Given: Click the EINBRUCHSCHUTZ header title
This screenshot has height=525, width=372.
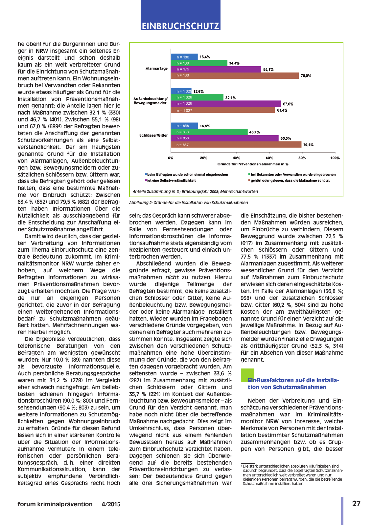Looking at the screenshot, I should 180,26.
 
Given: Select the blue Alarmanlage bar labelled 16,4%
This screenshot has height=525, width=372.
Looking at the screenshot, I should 184,57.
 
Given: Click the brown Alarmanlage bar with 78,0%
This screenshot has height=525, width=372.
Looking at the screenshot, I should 235,75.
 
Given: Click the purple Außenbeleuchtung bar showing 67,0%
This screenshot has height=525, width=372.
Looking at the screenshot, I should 226,104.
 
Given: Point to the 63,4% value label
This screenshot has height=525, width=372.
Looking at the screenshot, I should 282,111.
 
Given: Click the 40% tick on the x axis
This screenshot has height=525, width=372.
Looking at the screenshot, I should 236,158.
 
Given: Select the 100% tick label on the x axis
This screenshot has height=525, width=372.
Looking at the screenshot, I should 335,158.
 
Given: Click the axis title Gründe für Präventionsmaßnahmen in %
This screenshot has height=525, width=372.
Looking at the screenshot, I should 253,164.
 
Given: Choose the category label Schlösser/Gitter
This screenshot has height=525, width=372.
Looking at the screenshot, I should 153,135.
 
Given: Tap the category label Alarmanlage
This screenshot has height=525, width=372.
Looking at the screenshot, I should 156,69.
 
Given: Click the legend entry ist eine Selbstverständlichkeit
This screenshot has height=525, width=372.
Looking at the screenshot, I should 171,180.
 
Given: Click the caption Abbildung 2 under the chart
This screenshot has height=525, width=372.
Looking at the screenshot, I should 188,203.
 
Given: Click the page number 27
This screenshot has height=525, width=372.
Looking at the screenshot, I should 356,504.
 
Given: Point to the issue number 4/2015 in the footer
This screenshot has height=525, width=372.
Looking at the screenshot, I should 111,504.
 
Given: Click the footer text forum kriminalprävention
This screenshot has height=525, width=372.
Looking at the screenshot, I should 55,504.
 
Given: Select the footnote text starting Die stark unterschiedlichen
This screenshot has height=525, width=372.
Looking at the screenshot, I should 292,475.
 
